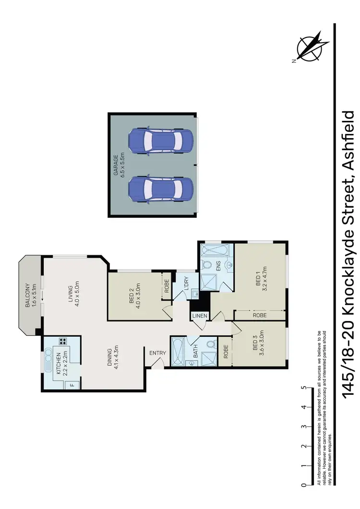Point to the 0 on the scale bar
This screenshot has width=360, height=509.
coord(303,485)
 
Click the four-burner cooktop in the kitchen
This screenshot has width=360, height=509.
coord(62,342)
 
